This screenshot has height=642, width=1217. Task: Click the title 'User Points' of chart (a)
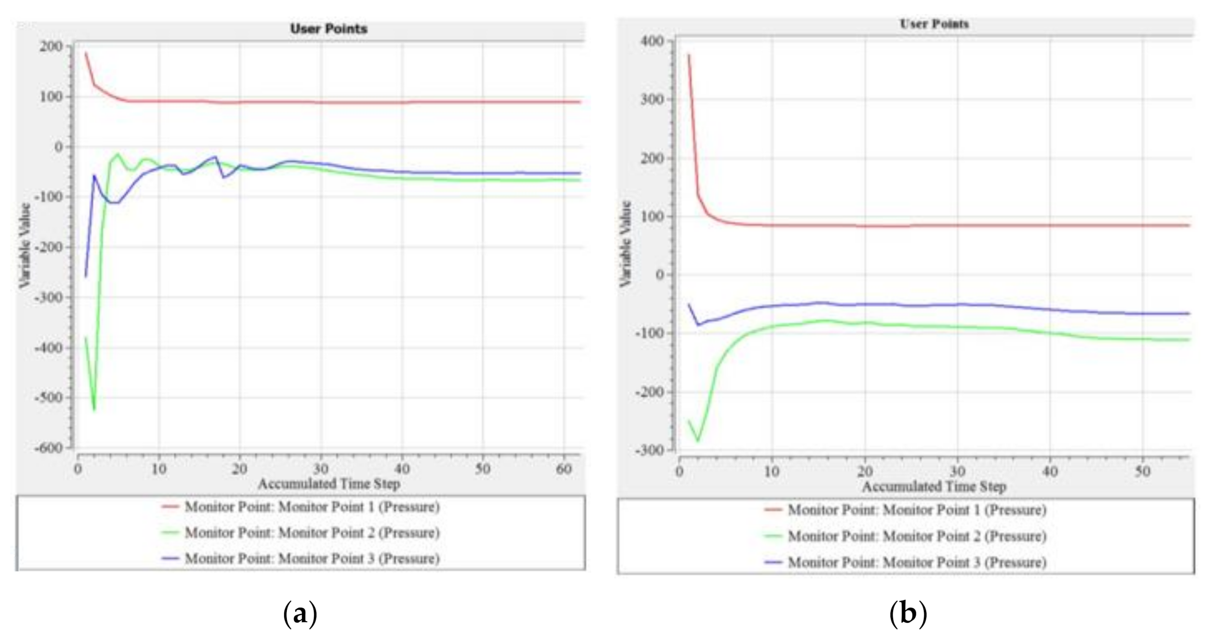coord(328,29)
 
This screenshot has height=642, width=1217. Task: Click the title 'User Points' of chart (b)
coord(934,24)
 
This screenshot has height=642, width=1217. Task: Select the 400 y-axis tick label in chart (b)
coord(652,41)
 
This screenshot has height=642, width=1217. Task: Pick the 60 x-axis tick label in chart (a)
coord(564,469)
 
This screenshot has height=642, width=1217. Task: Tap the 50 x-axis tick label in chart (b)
coord(1142,472)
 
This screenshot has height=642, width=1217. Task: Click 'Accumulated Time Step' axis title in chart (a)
coord(329,484)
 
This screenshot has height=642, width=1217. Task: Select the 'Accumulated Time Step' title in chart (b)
coord(934,486)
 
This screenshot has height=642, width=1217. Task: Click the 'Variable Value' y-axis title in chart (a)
coord(25,245)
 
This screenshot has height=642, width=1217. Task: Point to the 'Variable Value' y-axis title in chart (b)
coord(625,244)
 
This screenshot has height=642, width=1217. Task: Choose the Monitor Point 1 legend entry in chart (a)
coord(312,507)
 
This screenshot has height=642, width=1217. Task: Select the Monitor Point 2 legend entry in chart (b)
coord(916,536)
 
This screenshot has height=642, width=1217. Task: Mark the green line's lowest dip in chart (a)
coord(95,409)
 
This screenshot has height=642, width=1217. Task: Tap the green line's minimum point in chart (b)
coord(698,441)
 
